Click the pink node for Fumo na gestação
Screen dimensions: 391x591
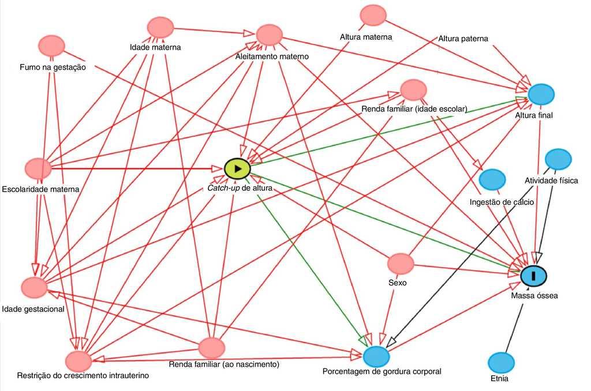51,45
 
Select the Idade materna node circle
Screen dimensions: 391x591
160,27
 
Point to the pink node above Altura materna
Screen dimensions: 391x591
372,15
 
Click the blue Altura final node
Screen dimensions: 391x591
541,93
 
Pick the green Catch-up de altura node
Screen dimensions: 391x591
237,168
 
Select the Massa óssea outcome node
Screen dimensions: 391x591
534,276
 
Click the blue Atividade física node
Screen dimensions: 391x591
558,159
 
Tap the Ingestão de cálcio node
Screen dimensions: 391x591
492,180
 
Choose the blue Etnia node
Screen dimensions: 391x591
501,362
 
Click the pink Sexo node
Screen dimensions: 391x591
401,264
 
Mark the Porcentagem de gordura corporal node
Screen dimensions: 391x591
377,355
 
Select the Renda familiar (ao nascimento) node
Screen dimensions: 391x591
211,347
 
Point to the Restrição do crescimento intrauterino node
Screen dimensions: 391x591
78,360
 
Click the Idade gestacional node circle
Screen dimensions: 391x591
34,287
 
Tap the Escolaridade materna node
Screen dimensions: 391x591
38,168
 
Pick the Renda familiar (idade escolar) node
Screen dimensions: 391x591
413,90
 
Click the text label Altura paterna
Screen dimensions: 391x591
463,39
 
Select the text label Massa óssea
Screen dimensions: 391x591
534,296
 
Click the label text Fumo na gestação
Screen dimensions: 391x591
48,67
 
